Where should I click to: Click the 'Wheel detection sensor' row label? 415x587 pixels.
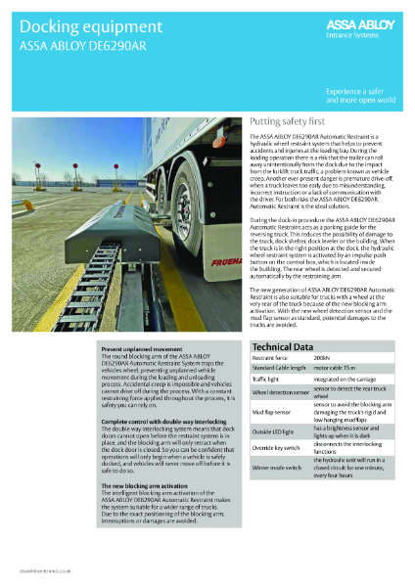click(x=280, y=393)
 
